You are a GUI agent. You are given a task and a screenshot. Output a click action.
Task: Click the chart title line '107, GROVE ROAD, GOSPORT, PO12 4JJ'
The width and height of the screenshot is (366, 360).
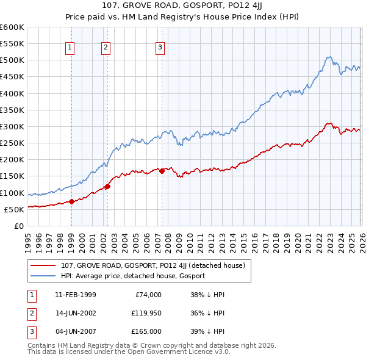pos(183,7)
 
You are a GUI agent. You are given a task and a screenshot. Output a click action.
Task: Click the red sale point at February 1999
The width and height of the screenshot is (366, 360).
pos(71,201)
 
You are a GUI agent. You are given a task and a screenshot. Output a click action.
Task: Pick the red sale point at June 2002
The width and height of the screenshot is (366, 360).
pos(107,186)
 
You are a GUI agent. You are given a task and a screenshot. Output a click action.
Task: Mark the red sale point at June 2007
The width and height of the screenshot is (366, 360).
pos(162,171)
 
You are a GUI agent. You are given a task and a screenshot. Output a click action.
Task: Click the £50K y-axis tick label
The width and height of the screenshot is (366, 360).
pos(14,209)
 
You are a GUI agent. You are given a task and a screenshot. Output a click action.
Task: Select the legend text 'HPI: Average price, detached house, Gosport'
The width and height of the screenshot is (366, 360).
pos(133,276)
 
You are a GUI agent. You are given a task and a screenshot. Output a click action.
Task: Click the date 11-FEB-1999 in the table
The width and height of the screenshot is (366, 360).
pos(75,294)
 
